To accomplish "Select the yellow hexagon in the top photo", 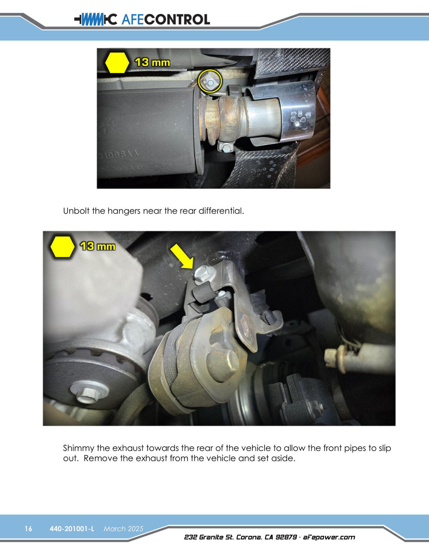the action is pos(117,63).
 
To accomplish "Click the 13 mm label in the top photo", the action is pos(152,63).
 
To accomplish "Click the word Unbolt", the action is pos(76,211).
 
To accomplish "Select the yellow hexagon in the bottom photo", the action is pos(62,247).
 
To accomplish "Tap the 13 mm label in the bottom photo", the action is pos(98,247).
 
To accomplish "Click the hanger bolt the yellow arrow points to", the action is pos(204,274).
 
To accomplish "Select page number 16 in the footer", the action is pos(28,529).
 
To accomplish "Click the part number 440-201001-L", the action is pos(72,529).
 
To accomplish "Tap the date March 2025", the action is pos(123,529).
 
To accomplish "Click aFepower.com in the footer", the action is pos(329,537).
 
